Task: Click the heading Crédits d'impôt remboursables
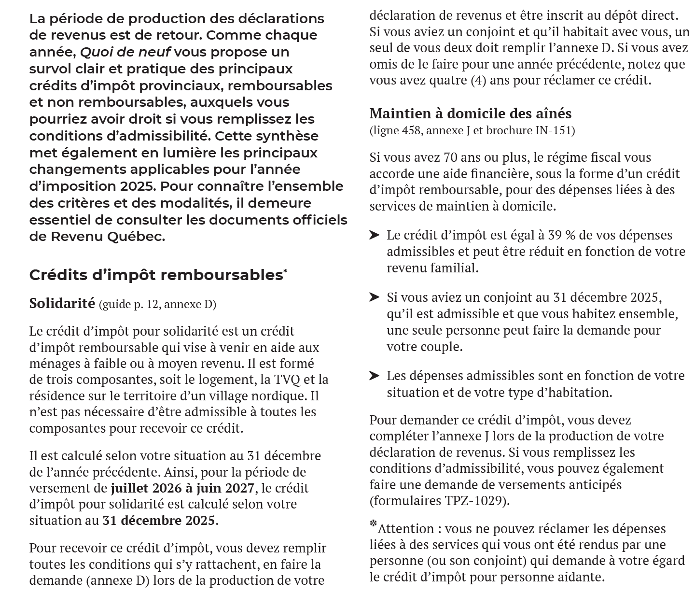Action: point(155,275)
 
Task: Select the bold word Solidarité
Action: point(62,303)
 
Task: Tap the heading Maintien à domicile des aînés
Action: point(470,113)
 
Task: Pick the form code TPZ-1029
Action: point(475,501)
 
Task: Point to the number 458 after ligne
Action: point(411,130)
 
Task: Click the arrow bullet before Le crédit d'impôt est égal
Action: point(375,235)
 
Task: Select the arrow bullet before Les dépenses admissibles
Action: point(375,376)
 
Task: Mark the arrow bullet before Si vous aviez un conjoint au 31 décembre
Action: point(375,297)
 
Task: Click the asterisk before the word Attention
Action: point(373,524)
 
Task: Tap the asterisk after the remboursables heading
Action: point(285,271)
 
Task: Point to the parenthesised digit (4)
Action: point(475,80)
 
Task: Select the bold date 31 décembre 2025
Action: point(159,521)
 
